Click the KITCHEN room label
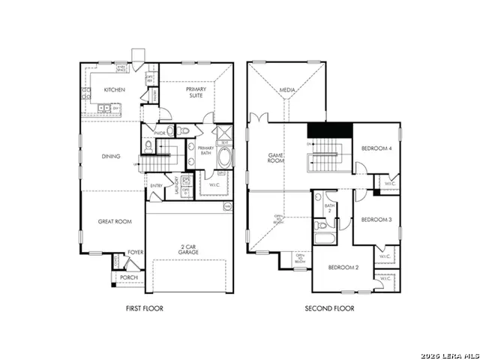114,90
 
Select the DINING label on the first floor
111,156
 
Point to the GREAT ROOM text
113,221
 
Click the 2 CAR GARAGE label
188,249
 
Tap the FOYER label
135,253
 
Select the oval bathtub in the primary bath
224,158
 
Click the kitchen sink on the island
105,109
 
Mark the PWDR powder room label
159,133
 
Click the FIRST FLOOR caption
144,308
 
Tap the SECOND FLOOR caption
329,308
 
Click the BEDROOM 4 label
376,148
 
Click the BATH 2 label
328,208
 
